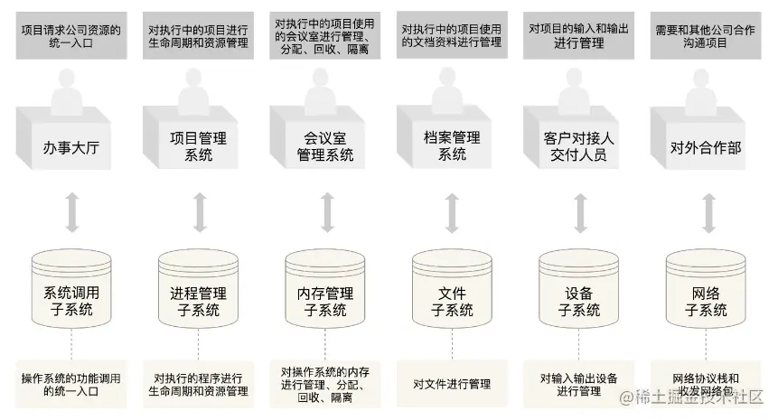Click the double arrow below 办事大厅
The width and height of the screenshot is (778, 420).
[71, 212]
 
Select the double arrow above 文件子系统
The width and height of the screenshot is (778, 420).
[452, 212]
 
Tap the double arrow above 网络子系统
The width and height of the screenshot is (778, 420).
[706, 212]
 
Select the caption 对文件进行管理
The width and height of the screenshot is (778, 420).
[452, 384]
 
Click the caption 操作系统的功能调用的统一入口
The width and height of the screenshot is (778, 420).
[71, 384]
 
